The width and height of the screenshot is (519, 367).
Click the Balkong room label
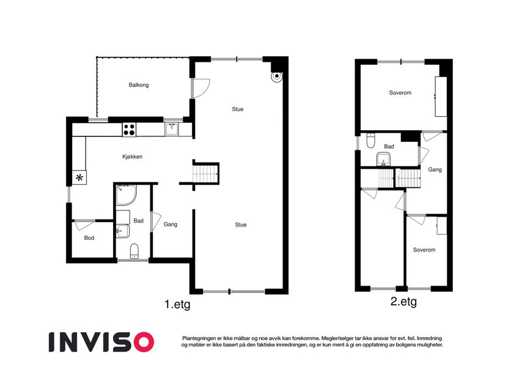(138, 85)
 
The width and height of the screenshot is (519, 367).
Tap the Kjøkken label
(132, 157)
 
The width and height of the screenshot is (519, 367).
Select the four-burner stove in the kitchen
(129, 130)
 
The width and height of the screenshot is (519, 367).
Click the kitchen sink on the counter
(172, 129)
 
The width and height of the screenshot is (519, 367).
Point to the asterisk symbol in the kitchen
(79, 177)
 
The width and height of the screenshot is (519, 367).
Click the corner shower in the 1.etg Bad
(125, 195)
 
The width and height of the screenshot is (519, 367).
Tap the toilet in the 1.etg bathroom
(134, 251)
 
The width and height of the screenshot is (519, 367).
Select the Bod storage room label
(89, 238)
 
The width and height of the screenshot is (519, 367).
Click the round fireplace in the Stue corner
(276, 76)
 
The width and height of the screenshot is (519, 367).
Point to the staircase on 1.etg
(205, 174)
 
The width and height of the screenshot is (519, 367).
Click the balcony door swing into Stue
(201, 89)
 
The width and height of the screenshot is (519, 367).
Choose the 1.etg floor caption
(177, 305)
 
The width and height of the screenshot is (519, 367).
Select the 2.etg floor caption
(403, 302)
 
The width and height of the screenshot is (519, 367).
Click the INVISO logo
(101, 342)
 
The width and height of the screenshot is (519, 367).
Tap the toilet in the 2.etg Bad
(370, 141)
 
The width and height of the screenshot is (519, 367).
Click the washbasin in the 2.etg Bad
(384, 159)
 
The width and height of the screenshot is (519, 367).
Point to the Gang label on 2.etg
(435, 169)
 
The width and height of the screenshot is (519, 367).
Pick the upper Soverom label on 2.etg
(400, 93)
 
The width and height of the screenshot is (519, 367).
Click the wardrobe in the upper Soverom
(441, 97)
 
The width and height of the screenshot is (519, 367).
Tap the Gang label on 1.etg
(170, 224)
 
